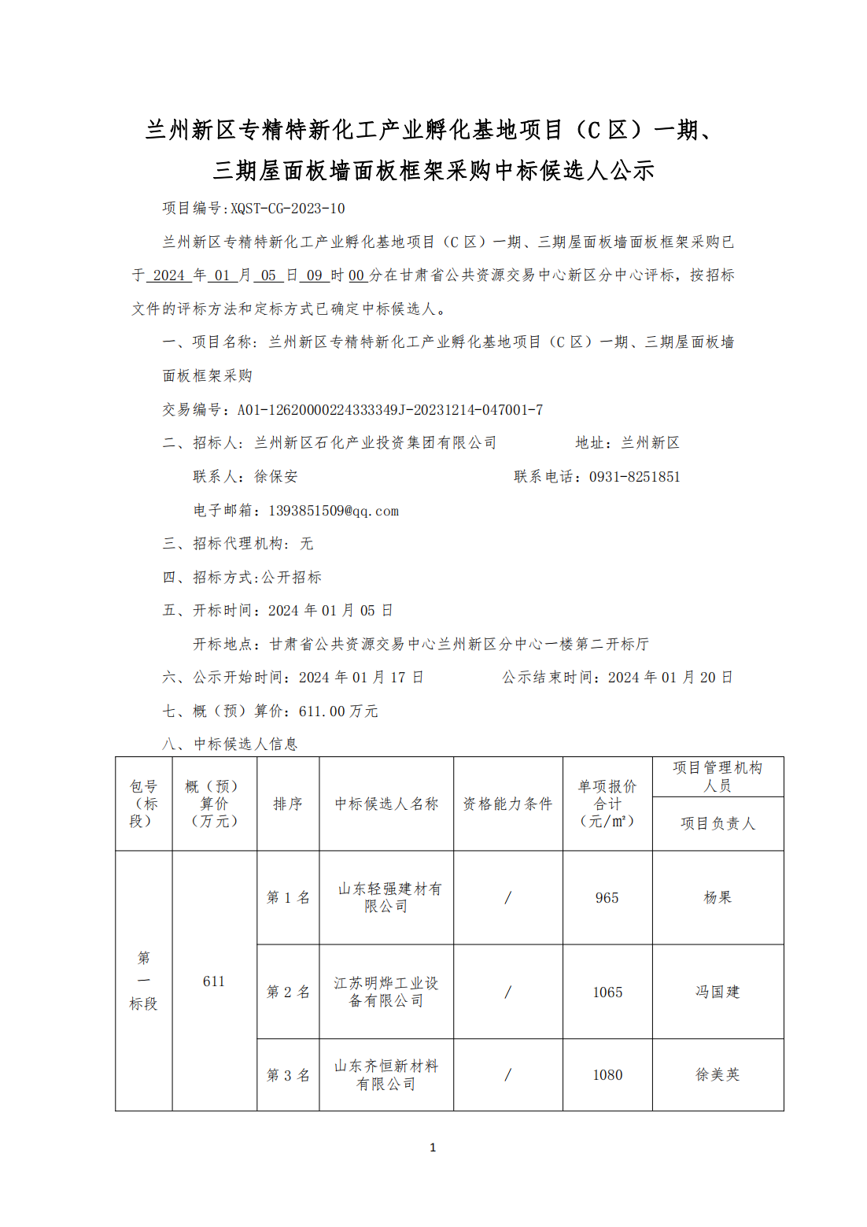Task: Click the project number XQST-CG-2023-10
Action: [288, 209]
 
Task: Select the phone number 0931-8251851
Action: [634, 477]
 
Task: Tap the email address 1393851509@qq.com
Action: [334, 511]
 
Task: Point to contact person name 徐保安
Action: [275, 477]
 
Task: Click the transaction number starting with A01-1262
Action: [389, 410]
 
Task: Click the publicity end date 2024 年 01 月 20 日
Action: [670, 678]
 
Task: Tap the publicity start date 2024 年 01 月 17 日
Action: [361, 678]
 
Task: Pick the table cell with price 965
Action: [607, 898]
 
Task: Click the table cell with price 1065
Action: [607, 992]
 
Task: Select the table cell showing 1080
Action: [607, 1075]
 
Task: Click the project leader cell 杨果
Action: [718, 898]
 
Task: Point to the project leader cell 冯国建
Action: [718, 992]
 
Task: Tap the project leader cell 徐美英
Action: [718, 1075]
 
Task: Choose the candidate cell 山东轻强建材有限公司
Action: [387, 898]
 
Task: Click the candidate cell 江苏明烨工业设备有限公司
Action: [386, 992]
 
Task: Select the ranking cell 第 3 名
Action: [288, 1075]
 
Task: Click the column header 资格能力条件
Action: [507, 804]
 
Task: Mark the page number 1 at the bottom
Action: [433, 1148]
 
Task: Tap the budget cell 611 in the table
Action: [214, 981]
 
